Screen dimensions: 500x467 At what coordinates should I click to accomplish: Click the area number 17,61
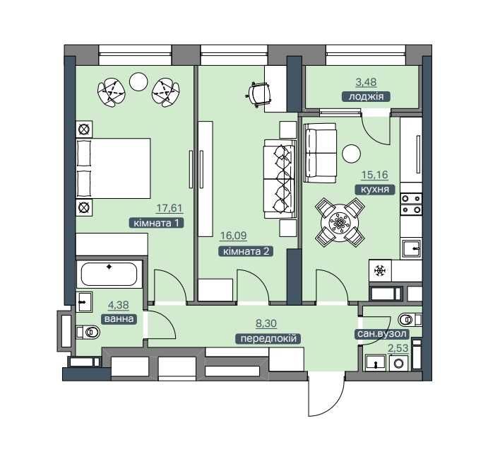click(x=169, y=208)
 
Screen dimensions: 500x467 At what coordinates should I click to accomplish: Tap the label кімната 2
click(x=246, y=251)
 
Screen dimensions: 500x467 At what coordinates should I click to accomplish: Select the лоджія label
click(x=366, y=96)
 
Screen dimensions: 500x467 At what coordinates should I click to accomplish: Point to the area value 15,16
click(x=375, y=175)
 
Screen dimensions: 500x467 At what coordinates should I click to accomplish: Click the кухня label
click(x=375, y=190)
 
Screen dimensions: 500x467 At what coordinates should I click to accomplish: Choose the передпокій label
click(x=268, y=338)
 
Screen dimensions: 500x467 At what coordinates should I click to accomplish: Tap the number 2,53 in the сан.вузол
click(x=398, y=348)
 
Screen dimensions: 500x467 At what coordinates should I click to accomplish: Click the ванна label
click(x=119, y=319)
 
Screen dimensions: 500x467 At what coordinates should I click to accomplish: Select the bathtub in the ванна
click(x=109, y=274)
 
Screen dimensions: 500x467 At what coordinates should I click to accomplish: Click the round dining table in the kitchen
click(x=340, y=223)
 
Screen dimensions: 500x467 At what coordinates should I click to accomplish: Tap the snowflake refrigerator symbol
click(x=380, y=271)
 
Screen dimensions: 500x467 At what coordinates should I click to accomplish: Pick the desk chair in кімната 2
click(x=259, y=93)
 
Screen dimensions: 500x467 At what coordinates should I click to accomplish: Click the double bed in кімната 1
click(x=113, y=168)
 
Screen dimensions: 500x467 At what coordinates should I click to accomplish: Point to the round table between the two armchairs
click(x=138, y=82)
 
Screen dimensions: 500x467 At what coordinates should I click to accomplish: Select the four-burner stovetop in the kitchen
click(x=411, y=204)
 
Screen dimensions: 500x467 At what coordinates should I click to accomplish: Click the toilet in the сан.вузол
click(x=409, y=319)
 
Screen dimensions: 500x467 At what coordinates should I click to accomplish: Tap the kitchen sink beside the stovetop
click(x=411, y=248)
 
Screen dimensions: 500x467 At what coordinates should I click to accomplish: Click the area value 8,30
click(x=266, y=323)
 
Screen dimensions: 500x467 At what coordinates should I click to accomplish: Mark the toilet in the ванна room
click(x=88, y=332)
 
